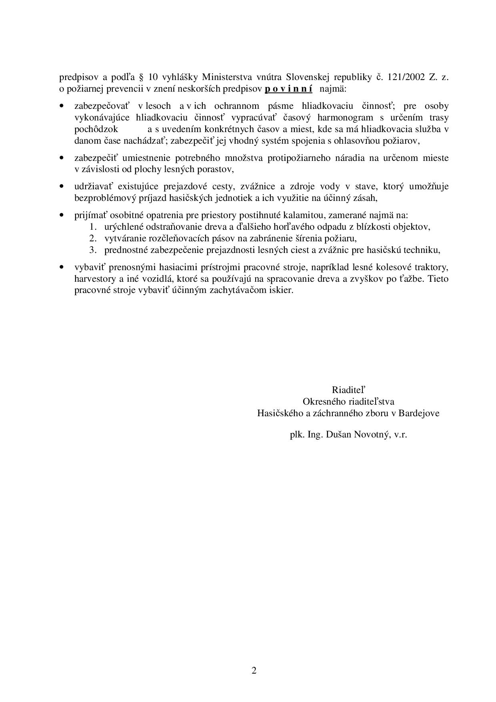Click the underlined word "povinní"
(x=288, y=88)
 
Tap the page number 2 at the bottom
(x=254, y=670)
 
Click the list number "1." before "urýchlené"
(x=94, y=227)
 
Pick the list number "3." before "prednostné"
(x=94, y=250)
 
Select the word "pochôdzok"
(x=96, y=129)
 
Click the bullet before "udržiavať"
(x=61, y=186)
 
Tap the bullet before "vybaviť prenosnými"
(x=61, y=267)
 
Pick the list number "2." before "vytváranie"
(x=94, y=238)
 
